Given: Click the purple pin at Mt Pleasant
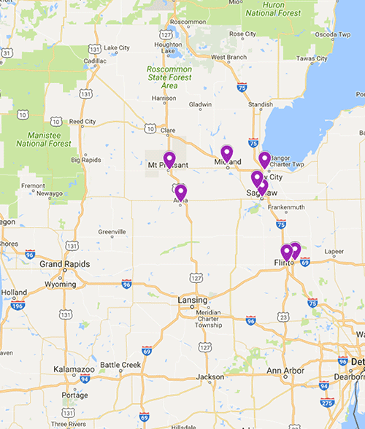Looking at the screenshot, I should pyautogui.click(x=169, y=159).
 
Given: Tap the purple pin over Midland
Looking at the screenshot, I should pyautogui.click(x=227, y=153).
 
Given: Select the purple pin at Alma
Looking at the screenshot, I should pyautogui.click(x=180, y=192).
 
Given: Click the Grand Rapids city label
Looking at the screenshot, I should pyautogui.click(x=64, y=263).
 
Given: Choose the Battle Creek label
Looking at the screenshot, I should pyautogui.click(x=119, y=365).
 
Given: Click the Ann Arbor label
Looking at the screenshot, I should pyautogui.click(x=284, y=371).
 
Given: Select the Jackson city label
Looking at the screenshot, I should pyautogui.click(x=210, y=376).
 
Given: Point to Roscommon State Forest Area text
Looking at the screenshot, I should pyautogui.click(x=171, y=78).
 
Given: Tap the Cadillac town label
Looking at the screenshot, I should pyautogui.click(x=95, y=61).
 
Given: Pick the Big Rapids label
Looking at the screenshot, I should pyautogui.click(x=85, y=159).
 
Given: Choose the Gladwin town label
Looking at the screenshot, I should pyautogui.click(x=199, y=104).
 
